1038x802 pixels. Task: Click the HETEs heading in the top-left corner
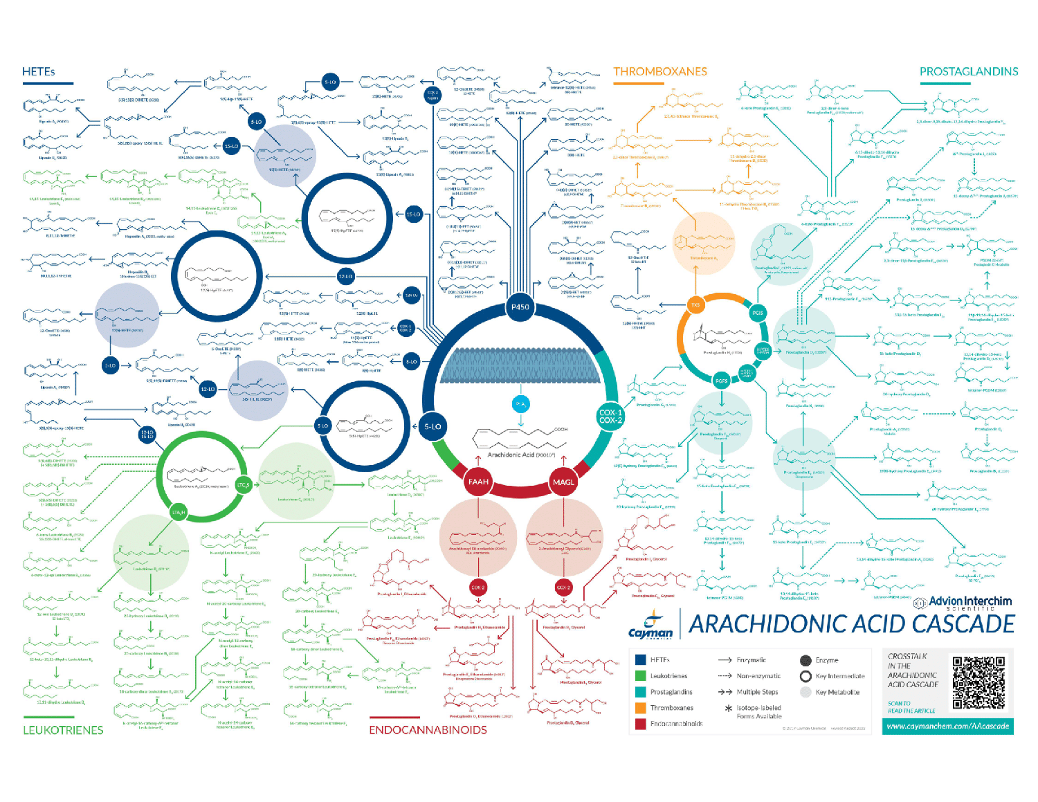click(x=38, y=72)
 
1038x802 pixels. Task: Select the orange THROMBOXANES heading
click(x=659, y=72)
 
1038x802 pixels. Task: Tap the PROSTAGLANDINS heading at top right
click(x=968, y=72)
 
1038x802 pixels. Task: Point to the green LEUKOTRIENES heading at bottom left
click(x=63, y=730)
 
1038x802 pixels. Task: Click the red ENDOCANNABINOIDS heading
click(x=428, y=730)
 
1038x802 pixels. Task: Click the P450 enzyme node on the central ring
click(x=520, y=307)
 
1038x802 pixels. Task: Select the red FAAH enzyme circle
click(x=478, y=482)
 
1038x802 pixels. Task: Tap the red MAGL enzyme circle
click(x=563, y=482)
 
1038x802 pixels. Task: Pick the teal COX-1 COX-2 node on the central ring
click(x=610, y=417)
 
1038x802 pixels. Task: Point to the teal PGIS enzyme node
click(x=758, y=313)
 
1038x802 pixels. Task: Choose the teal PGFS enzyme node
click(x=722, y=381)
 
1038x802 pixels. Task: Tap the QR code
click(x=978, y=683)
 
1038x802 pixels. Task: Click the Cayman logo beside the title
click(x=650, y=626)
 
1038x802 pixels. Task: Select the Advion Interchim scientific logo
click(x=963, y=603)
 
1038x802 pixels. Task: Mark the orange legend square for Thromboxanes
click(x=641, y=708)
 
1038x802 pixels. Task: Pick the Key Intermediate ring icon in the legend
click(x=805, y=676)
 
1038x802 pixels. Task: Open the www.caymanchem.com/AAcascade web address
click(x=947, y=726)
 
